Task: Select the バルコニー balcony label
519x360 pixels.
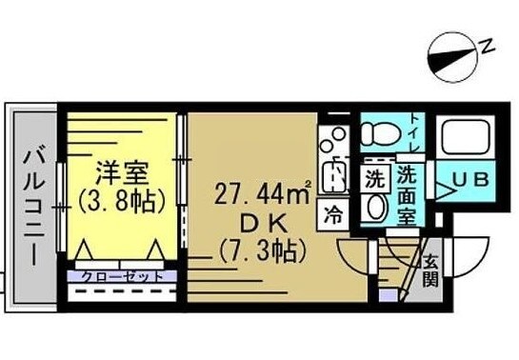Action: pos(30,206)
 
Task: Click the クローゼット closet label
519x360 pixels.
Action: pos(117,276)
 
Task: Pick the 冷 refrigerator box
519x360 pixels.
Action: pos(334,213)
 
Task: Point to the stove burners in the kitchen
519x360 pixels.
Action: pos(334,142)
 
